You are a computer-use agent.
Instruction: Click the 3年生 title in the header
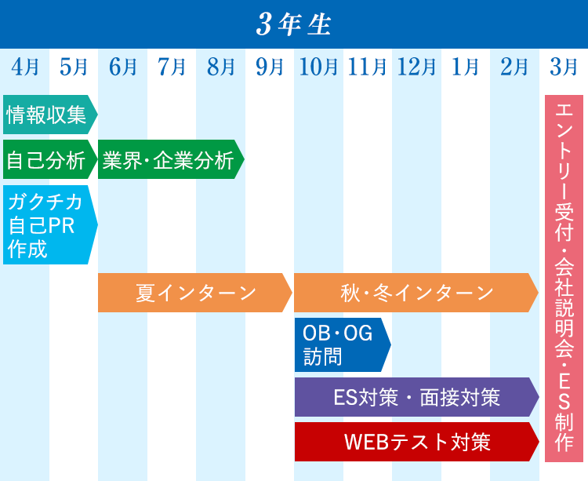(294, 25)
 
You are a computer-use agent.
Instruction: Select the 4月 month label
(25, 67)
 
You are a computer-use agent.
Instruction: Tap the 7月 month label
(172, 67)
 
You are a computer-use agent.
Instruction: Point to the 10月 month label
(318, 67)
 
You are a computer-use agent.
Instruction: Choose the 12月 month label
(416, 67)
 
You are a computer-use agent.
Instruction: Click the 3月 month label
(563, 67)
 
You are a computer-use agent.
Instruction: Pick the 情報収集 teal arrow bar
(50, 115)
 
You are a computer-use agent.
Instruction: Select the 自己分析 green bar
(50, 159)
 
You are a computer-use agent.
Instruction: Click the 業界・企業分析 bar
(171, 159)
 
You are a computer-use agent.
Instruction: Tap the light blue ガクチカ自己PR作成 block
(50, 224)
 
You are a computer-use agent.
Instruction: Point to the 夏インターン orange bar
(195, 293)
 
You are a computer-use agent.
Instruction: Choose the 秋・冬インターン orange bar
(416, 293)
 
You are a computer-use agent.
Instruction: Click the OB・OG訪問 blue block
(343, 344)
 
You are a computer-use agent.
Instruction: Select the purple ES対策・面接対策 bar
(417, 397)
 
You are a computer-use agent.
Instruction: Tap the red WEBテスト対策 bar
(417, 442)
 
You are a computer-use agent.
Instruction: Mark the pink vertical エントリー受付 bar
(564, 279)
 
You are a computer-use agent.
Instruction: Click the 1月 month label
(466, 67)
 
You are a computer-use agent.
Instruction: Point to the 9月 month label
(270, 67)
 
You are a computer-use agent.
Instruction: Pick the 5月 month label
(74, 67)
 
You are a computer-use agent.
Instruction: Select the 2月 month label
(514, 67)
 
